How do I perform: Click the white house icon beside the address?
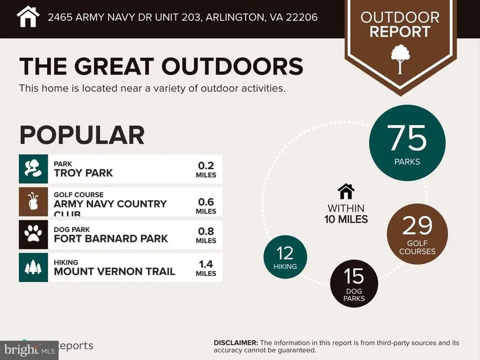tap(27, 16)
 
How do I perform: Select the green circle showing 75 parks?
tap(407, 142)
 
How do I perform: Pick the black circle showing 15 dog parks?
tap(354, 284)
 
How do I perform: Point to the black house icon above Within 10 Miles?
tap(346, 191)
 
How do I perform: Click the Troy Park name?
tap(83, 173)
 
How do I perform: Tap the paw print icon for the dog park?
tap(33, 234)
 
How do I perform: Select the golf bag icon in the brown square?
tap(33, 202)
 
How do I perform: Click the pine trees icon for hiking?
tap(33, 268)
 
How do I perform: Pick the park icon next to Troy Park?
tap(33, 169)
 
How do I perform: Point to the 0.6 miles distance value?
tap(206, 205)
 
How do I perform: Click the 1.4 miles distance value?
tap(206, 269)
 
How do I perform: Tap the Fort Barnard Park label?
tap(111, 238)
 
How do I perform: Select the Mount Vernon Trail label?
tap(114, 271)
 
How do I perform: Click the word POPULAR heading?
tap(81, 135)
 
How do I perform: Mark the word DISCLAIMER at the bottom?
tap(236, 343)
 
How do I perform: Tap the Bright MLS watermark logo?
tap(29, 350)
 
